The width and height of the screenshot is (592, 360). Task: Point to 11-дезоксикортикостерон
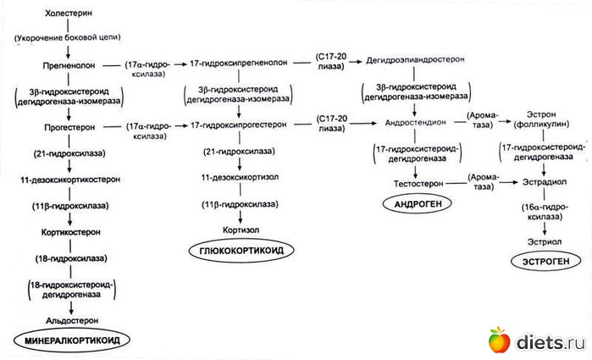coord(67,180)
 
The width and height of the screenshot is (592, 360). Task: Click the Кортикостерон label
coord(67,230)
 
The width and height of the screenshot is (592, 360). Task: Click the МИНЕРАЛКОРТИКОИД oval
coord(67,341)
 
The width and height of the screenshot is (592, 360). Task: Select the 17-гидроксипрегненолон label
coord(239,64)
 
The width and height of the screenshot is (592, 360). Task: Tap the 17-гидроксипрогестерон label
coord(239,125)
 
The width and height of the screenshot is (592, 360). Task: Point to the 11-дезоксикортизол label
coord(240,178)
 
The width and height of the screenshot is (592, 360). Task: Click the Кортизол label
coord(240,229)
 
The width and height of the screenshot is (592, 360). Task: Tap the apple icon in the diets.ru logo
coord(500,340)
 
